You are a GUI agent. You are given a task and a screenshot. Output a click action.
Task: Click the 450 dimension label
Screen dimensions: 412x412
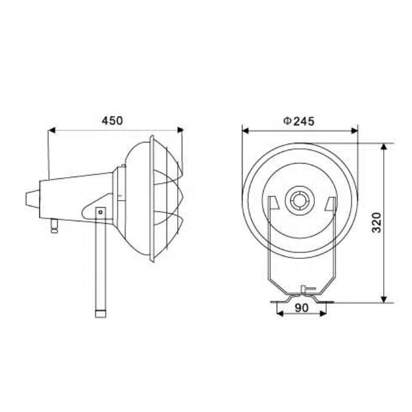112,121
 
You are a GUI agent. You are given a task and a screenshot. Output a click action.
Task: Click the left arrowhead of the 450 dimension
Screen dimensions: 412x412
51,130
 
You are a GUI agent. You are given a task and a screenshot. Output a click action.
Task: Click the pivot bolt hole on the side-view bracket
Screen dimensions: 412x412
101,212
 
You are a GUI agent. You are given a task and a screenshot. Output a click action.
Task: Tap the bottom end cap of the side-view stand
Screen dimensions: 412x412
101,311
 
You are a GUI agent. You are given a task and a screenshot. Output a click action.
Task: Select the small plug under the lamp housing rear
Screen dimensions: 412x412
55,226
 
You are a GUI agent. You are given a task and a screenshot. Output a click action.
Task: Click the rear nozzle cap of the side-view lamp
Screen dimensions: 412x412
30,198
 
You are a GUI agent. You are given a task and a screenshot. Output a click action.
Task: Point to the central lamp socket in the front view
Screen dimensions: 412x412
300,201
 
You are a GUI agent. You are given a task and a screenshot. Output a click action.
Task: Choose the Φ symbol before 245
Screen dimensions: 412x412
287,121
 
